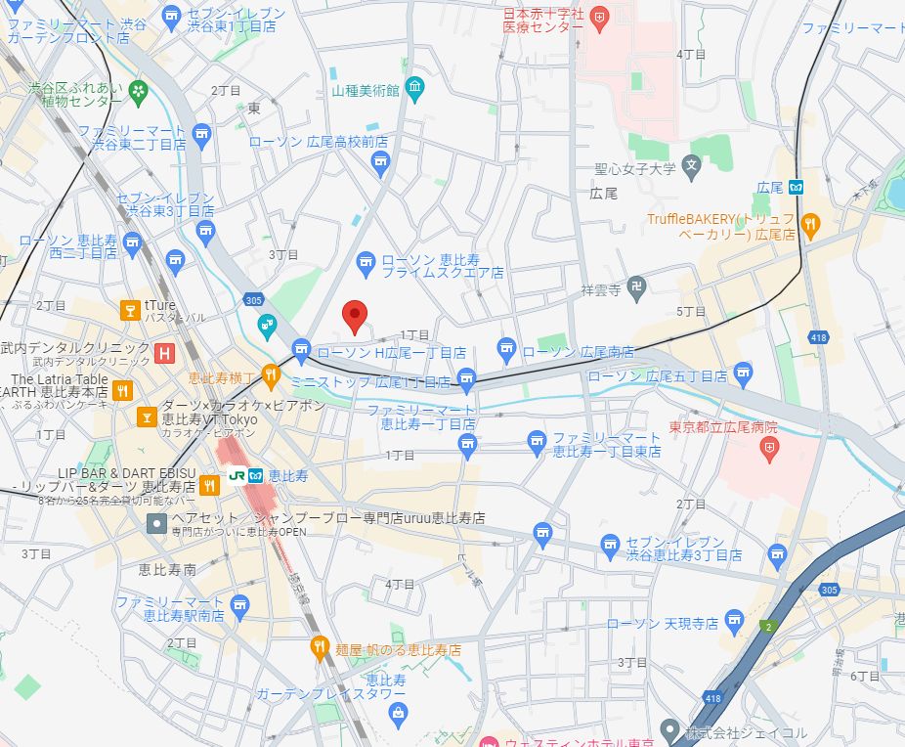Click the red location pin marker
click(x=356, y=315)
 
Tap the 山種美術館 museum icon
click(x=415, y=90)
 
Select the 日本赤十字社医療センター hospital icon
click(x=598, y=16)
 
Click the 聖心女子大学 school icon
click(x=692, y=164)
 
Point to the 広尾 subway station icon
click(x=797, y=187)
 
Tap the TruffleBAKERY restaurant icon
click(x=810, y=226)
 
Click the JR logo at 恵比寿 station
click(x=237, y=474)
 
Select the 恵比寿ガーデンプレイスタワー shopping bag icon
click(x=398, y=714)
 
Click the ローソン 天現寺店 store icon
click(x=735, y=620)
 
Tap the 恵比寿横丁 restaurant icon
click(x=271, y=373)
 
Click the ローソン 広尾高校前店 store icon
click(x=380, y=161)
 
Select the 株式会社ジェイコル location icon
click(x=668, y=729)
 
